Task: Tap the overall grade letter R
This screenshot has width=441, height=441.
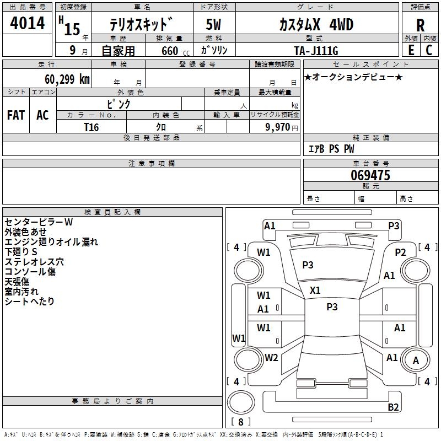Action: [420, 25]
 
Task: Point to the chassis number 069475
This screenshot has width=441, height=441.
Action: [370, 176]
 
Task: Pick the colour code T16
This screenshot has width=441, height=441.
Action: [92, 127]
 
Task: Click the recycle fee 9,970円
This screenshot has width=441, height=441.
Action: [279, 127]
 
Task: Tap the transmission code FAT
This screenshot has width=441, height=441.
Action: [15, 115]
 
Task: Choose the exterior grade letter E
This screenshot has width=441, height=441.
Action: [411, 50]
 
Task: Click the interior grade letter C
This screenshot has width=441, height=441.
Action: [429, 50]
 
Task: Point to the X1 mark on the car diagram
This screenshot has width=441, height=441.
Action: [315, 290]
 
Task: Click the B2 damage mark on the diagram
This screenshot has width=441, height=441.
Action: [393, 407]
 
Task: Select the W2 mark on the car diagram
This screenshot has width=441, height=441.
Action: [271, 358]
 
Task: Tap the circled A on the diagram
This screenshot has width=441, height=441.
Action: [416, 360]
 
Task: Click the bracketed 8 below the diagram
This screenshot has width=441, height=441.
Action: [241, 422]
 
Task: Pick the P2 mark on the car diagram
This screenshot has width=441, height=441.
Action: [400, 252]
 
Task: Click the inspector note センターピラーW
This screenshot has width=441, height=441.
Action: [39, 222]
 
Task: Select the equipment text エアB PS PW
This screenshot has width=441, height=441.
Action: [331, 149]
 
